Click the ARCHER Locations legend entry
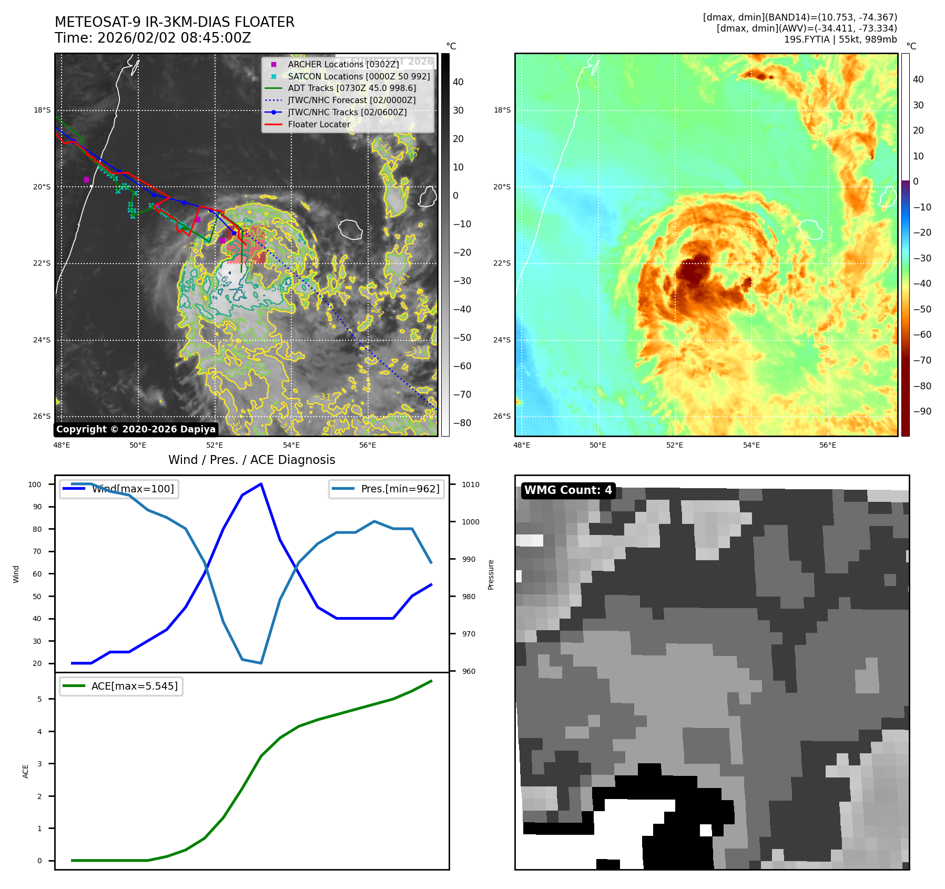343,64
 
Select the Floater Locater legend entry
319,125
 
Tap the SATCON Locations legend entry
358,76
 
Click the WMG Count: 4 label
568,490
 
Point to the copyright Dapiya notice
136,429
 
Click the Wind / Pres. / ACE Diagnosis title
251,460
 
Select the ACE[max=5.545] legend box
121,686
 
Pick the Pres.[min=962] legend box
387,489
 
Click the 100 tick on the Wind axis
35,484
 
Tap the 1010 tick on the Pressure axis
471,484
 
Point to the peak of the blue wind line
261,484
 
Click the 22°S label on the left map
42,264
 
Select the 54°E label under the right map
751,446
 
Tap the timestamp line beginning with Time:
153,38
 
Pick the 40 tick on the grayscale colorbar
458,82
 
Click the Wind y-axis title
16,574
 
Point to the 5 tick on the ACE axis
39,699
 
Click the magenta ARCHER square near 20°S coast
86,180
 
